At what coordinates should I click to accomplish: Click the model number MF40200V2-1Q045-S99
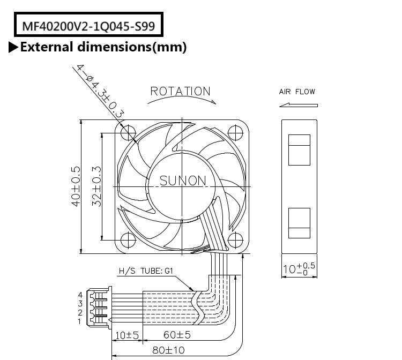coord(88,25)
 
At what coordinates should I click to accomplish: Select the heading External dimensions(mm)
coord(103,47)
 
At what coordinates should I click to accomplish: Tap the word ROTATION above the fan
coord(180,91)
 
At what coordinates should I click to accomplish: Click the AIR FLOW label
coord(297,92)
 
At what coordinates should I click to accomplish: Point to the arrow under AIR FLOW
coord(298,104)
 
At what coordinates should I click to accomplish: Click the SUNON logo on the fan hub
coord(183,181)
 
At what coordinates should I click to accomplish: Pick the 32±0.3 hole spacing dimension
coord(97,186)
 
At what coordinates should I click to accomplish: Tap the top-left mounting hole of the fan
coord(129,131)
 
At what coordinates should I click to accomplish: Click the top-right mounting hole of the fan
coord(235,131)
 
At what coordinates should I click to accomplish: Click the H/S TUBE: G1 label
coord(144,272)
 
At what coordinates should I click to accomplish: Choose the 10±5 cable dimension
coord(127,335)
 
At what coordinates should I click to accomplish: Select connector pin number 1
coord(80,321)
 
